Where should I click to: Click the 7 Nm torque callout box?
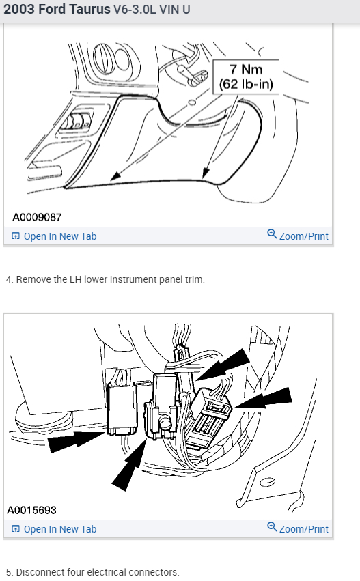246,76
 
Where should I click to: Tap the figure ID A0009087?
37,217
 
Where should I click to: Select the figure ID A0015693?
32,510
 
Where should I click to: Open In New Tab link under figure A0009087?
54,236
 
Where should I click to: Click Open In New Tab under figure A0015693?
54,529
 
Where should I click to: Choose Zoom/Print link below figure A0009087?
298,236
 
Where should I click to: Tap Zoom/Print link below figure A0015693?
298,528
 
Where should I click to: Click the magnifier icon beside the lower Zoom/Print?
272,526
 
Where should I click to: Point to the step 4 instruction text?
105,279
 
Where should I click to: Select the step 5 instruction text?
93,572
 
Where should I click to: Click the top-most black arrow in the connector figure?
223,365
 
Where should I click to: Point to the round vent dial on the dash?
104,58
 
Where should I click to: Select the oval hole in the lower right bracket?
267,482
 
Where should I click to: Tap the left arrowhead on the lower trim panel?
115,176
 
